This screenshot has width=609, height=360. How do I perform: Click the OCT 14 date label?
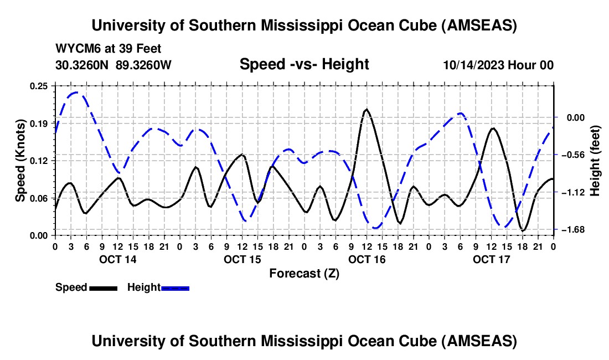pyautogui.click(x=117, y=259)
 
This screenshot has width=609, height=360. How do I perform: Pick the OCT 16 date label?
pyautogui.click(x=367, y=259)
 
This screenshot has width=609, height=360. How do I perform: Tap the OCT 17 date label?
pyautogui.click(x=491, y=259)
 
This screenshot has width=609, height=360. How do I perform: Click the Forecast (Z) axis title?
pyautogui.click(x=304, y=273)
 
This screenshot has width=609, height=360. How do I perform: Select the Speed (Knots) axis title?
pyautogui.click(x=20, y=161)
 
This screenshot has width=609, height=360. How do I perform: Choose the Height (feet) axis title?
pyautogui.click(x=595, y=161)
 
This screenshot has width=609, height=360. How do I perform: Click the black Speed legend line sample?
pyautogui.click(x=103, y=288)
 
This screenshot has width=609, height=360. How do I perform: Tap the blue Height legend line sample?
pyautogui.click(x=176, y=288)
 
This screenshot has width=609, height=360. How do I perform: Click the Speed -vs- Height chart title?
pyautogui.click(x=304, y=64)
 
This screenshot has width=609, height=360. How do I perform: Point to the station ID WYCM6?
pyautogui.click(x=75, y=49)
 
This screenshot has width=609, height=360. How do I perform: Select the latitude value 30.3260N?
pyautogui.click(x=83, y=65)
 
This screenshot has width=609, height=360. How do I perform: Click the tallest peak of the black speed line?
pyautogui.click(x=366, y=110)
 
